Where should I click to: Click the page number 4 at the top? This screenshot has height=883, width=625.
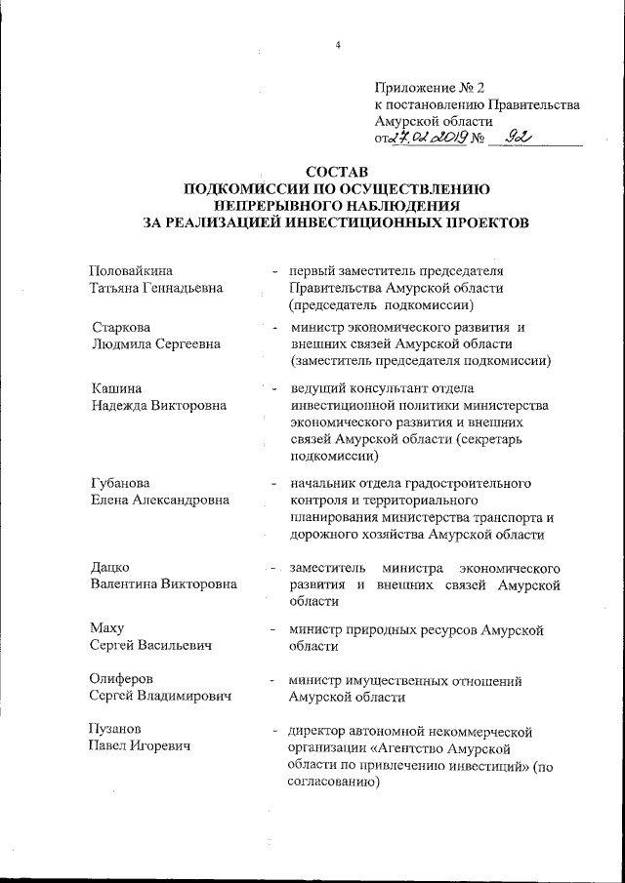coord(337,46)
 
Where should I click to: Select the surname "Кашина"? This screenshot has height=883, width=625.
coord(112,387)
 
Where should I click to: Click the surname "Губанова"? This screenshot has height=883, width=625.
coord(120,482)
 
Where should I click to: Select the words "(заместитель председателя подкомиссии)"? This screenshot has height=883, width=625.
coord(420,361)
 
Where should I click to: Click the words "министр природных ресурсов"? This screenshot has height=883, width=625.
coord(377,629)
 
